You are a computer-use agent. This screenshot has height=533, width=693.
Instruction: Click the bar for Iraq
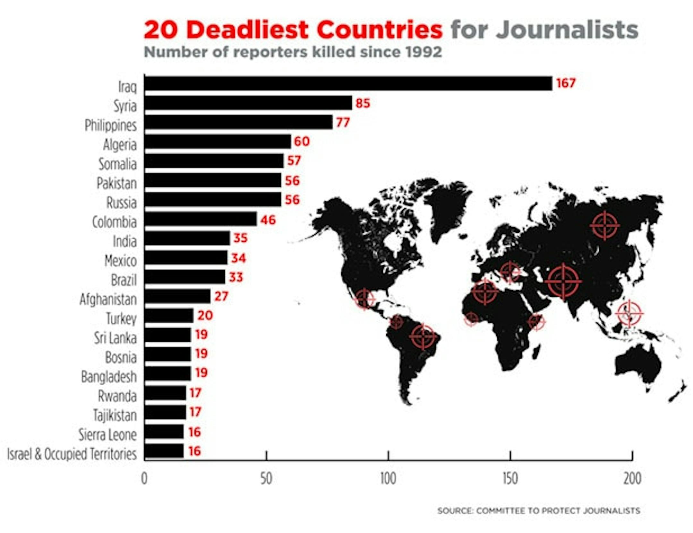[348, 83]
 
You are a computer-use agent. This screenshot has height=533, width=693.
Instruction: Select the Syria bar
[248, 103]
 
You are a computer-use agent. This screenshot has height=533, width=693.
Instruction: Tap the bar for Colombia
[201, 219]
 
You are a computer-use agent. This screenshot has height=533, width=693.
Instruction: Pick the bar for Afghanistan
[177, 296]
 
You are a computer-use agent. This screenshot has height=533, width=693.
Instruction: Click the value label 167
[566, 83]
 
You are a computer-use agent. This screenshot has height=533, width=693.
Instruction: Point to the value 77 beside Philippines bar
[343, 122]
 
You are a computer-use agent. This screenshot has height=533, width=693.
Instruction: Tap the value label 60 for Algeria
[302, 141]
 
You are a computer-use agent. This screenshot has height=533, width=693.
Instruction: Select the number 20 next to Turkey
[205, 315]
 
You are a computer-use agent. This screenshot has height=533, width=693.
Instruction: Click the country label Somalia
[117, 164]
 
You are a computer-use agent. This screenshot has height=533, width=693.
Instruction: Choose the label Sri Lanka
[115, 338]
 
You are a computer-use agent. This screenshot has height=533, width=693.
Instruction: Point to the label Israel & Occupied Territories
[72, 454]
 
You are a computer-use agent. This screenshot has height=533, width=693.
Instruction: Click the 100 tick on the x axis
[388, 479]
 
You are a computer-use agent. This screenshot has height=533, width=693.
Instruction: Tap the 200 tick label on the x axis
[632, 479]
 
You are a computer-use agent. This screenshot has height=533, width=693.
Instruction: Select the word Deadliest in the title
[247, 30]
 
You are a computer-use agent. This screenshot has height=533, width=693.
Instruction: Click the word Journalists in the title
[567, 30]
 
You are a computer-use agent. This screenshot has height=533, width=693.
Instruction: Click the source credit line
[539, 511]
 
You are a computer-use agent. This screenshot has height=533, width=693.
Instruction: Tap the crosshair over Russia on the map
[604, 226]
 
